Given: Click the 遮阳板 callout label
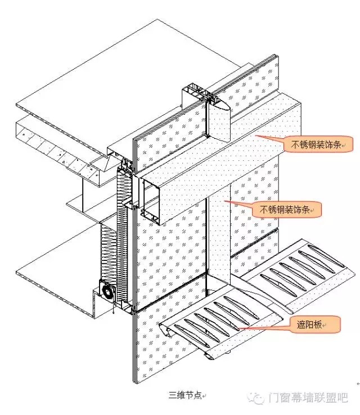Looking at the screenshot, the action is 314,324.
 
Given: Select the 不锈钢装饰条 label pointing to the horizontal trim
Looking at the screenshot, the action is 318,145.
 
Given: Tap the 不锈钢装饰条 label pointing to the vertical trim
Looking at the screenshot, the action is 287,210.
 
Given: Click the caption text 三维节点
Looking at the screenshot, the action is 185,395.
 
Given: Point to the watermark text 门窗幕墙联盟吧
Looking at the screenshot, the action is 308,398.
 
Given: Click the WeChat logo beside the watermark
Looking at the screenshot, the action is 255,398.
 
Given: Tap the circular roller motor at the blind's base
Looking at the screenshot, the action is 108,292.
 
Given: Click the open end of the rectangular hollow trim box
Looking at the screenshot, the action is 151,201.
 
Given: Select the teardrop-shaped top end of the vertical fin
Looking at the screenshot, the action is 219,105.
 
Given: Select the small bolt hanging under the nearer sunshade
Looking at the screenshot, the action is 229,352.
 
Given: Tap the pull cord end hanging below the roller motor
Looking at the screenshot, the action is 114,312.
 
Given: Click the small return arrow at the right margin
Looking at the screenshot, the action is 358,384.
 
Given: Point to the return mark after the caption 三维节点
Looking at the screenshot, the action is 204,396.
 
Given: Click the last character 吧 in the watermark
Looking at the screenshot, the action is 342,398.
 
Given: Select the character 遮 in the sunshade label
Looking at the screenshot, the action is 301,324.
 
